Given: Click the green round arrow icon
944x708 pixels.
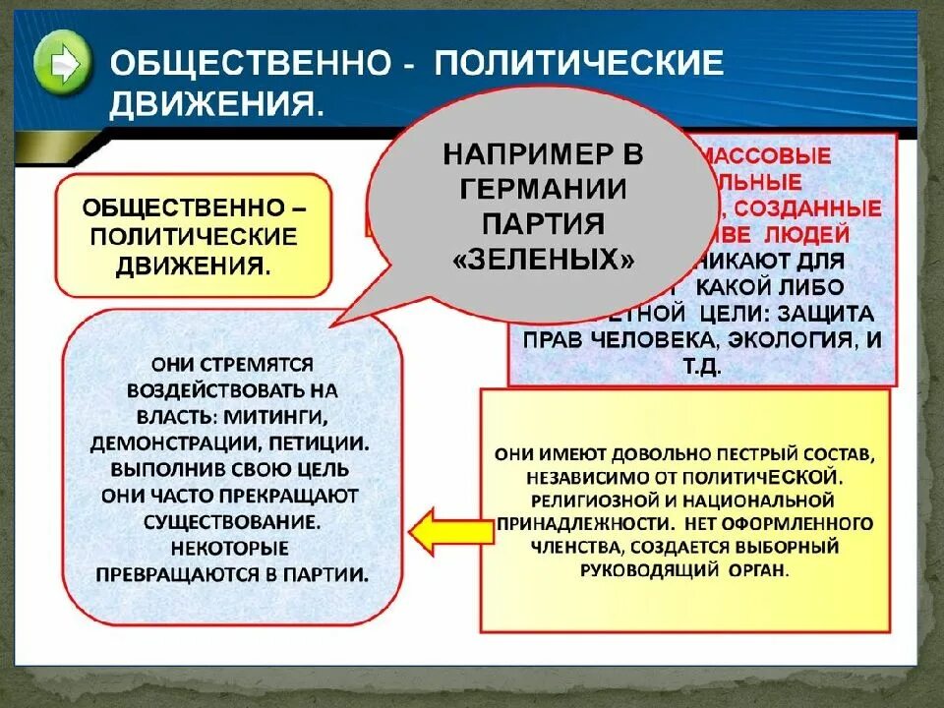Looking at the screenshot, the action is pyautogui.click(x=64, y=64).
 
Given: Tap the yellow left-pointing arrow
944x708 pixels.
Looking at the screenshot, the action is pyautogui.click(x=437, y=532).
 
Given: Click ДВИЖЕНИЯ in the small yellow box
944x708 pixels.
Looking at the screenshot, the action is pyautogui.click(x=193, y=265).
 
